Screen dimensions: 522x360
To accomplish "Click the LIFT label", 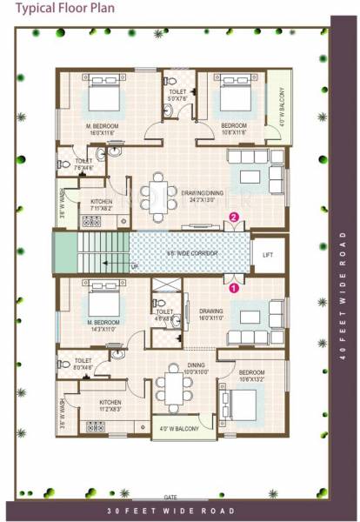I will (x=268, y=254).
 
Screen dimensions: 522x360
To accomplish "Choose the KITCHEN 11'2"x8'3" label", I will (x=110, y=405).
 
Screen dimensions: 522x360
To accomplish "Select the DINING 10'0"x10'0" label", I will (x=172, y=369).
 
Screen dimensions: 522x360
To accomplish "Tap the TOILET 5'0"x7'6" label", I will (x=176, y=95).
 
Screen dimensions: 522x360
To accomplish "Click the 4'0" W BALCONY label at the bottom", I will (x=180, y=429).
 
